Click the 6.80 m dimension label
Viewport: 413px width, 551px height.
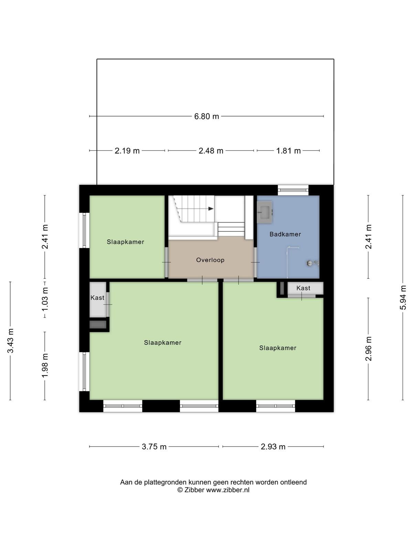coord(206,116)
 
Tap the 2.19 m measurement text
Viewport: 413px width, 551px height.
coord(127,150)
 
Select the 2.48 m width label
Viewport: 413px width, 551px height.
coord(211,150)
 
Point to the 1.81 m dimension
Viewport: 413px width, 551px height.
coord(288,150)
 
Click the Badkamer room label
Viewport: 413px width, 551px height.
coord(285,234)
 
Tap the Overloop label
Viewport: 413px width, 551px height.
coord(210,260)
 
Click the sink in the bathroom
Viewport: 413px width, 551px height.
coord(265,212)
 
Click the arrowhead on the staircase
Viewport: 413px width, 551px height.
coord(211,209)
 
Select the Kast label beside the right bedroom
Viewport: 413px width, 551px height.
coord(303,288)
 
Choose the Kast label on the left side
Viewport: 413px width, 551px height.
coord(97,298)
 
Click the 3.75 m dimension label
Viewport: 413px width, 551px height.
coord(154,447)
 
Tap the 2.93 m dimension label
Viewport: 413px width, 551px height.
coord(273,447)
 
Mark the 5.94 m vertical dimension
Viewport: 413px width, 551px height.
coord(403,298)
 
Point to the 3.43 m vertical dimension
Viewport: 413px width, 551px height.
coord(10,341)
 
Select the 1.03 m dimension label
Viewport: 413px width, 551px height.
coord(45,300)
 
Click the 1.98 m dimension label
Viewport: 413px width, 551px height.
coord(45,365)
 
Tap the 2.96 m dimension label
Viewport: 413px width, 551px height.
coord(368,349)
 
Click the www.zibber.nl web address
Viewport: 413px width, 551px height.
coord(228,490)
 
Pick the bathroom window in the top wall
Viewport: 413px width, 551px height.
coord(293,190)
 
